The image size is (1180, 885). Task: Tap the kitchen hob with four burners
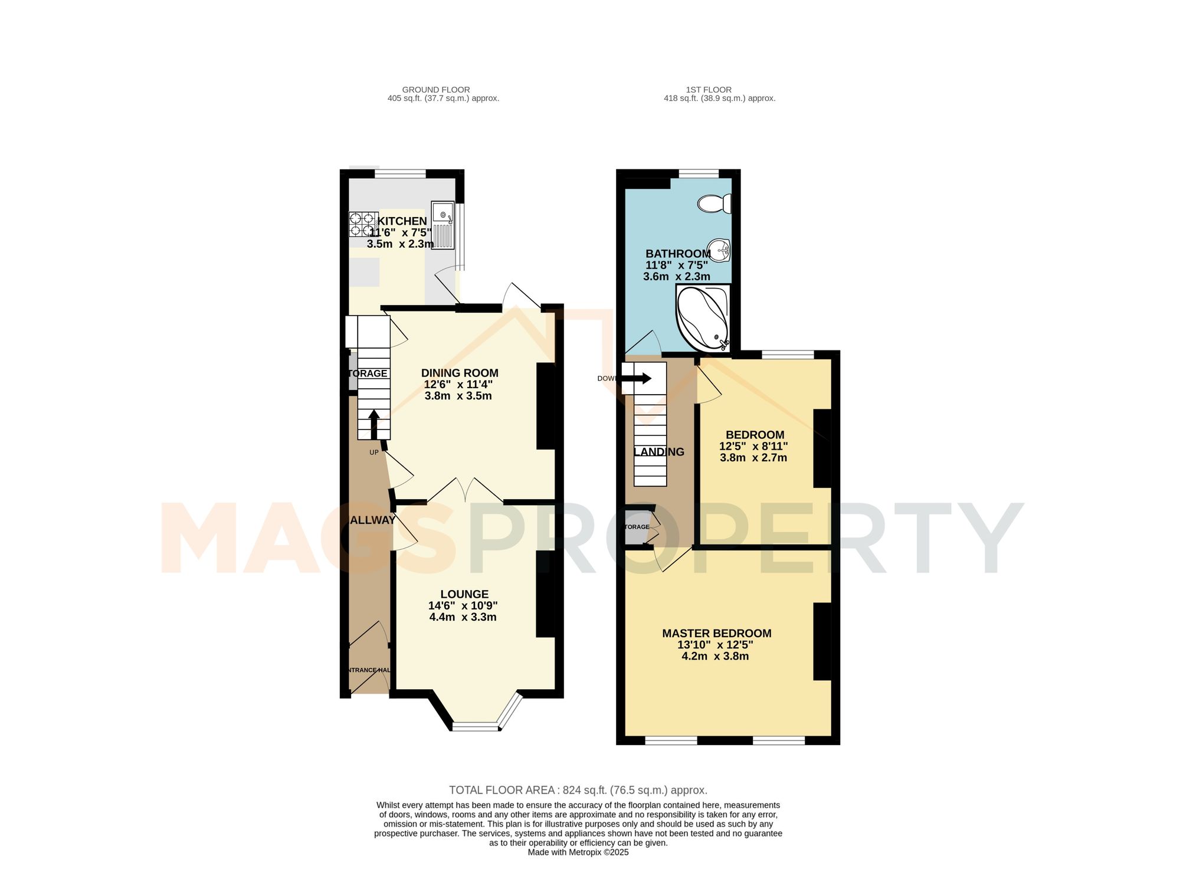(x=363, y=224)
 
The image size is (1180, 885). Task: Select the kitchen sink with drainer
(x=442, y=225)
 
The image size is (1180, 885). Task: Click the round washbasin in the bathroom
(x=719, y=250)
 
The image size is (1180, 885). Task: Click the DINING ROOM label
(x=460, y=373)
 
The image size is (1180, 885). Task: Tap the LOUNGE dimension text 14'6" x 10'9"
(x=463, y=605)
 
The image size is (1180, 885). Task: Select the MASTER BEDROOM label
(x=716, y=633)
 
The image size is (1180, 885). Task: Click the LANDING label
(x=659, y=452)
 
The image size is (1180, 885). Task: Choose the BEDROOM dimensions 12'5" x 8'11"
(x=753, y=446)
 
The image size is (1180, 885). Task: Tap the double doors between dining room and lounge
(x=466, y=491)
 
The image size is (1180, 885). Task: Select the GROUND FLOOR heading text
(x=436, y=90)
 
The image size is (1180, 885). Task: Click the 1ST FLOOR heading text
(x=709, y=90)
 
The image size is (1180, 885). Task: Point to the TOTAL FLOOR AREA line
(x=578, y=790)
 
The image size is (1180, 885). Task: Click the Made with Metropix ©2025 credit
(x=578, y=853)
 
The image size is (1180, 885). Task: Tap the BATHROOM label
(x=678, y=254)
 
